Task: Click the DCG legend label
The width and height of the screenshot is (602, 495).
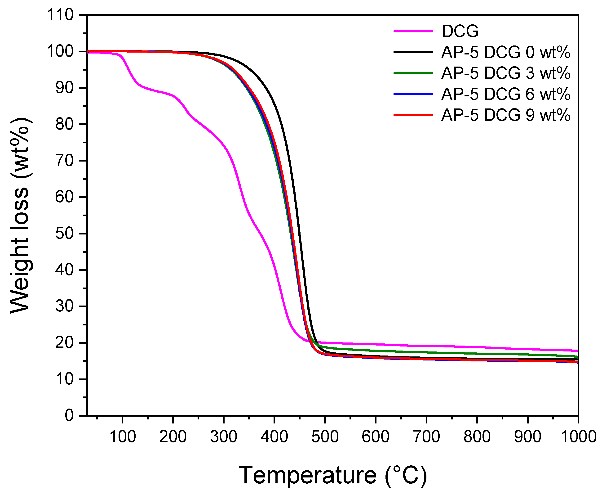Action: tap(460, 31)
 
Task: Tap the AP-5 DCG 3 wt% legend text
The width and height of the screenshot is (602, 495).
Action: tap(506, 73)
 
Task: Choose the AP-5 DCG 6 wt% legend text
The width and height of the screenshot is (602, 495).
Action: tap(506, 94)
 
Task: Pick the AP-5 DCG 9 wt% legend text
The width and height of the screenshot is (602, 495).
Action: tap(506, 115)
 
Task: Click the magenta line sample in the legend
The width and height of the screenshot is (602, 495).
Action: tap(413, 31)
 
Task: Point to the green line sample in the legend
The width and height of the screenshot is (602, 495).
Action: tap(413, 73)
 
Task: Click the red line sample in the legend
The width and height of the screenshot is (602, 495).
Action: tap(413, 115)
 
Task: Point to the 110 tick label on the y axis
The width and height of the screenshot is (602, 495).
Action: tap(60, 15)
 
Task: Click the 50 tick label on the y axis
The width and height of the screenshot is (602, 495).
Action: tap(64, 234)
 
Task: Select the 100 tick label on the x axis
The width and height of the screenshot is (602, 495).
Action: tap(123, 437)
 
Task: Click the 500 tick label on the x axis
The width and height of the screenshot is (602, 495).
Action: tap(325, 437)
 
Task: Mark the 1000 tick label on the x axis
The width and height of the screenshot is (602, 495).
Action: tap(578, 437)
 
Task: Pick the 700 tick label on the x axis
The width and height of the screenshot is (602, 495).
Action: tap(426, 437)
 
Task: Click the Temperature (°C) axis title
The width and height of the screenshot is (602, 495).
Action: tap(332, 475)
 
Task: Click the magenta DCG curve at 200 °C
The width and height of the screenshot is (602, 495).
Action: tap(173, 95)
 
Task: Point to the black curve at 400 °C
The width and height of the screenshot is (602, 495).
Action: tap(274, 101)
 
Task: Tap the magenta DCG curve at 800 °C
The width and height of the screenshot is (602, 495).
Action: tap(477, 347)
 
